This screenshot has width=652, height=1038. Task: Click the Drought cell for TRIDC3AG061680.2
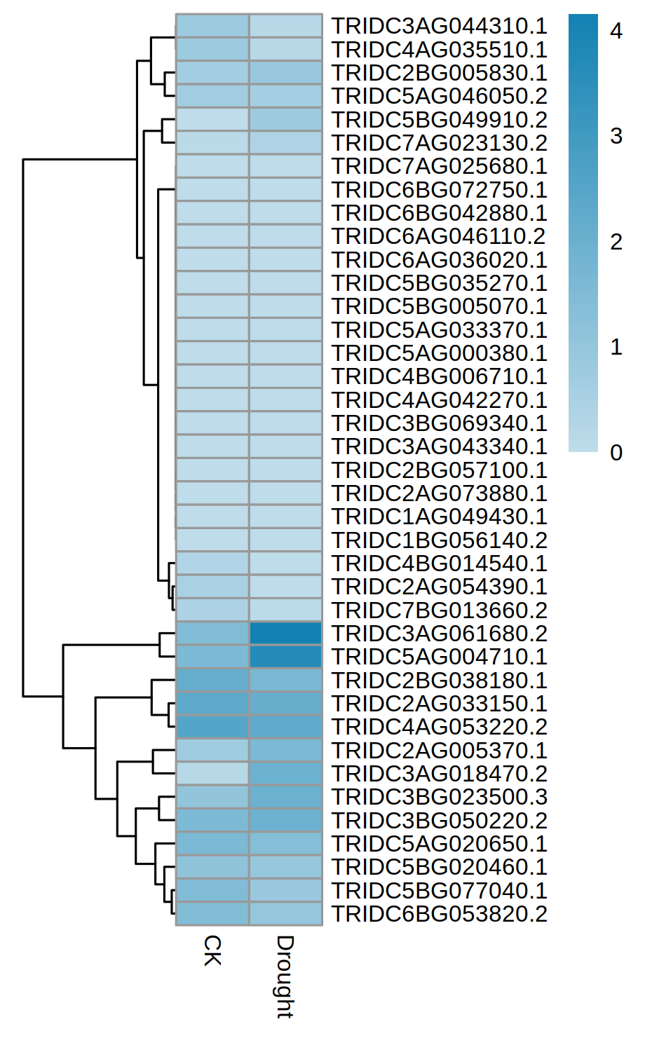[285, 634]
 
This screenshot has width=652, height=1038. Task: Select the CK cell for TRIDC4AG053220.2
[212, 727]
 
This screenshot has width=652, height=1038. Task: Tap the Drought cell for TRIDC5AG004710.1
[285, 657]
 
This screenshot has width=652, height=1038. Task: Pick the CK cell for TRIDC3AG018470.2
[212, 774]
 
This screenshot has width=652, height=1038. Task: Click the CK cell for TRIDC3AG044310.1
[212, 26]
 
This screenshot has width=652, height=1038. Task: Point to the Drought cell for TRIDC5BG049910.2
[285, 120]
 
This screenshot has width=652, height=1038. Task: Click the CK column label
[212, 950]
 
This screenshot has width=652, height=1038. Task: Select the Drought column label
[285, 976]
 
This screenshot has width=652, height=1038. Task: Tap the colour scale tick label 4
[616, 31]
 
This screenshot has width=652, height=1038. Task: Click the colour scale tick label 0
[616, 453]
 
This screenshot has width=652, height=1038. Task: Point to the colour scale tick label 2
[616, 242]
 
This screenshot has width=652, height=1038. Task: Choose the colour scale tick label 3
[616, 136]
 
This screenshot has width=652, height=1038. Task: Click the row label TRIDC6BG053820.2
[439, 914]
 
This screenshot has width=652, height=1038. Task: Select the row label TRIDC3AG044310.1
[439, 26]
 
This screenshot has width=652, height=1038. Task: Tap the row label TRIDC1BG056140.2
[439, 540]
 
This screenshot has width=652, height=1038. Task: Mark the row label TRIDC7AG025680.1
[439, 166]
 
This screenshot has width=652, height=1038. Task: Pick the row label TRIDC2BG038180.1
[439, 681]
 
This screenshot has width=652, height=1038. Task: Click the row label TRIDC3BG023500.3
[439, 797]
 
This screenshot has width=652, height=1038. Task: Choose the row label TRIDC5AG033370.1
[439, 330]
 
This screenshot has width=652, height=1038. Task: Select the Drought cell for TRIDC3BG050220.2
[285, 821]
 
